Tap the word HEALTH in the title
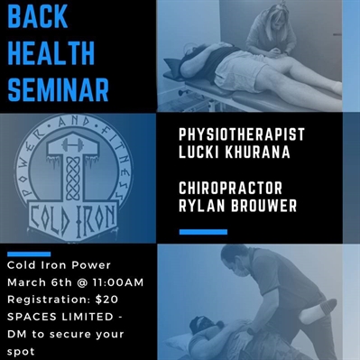tap(51, 53)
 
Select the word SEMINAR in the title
tap(58, 89)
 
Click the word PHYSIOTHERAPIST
tap(242, 134)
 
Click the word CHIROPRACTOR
tap(231, 188)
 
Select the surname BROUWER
tap(262, 206)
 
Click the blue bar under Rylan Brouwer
tap(203, 232)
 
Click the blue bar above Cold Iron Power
tap(29, 254)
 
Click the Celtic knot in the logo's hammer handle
tap(72, 179)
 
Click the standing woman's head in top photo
tap(269, 18)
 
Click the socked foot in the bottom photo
tap(322, 309)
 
